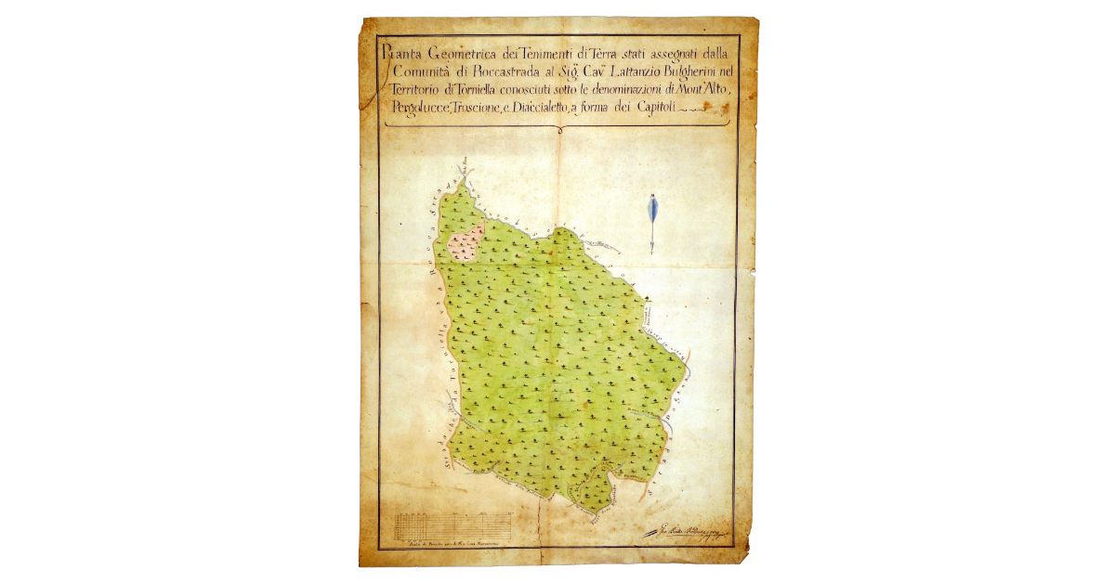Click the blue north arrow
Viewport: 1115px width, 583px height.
click(653, 221)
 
